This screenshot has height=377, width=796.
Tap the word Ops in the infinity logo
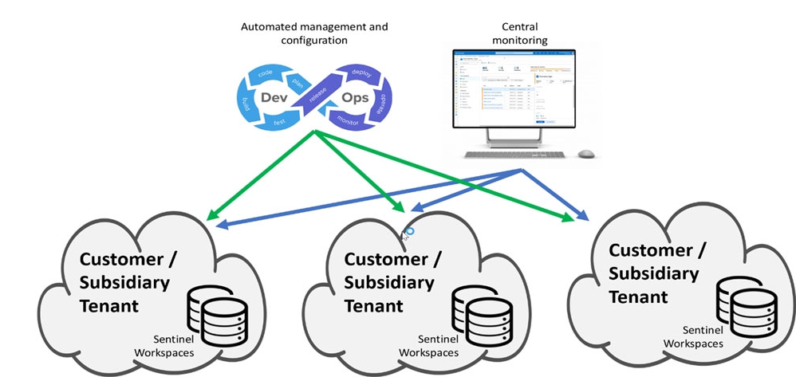[355, 97]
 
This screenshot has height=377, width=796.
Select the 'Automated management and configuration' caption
[314, 33]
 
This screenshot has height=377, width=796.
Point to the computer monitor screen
[514, 88]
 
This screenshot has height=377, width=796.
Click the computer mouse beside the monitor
[586, 153]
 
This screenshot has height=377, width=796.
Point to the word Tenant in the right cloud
[638, 296]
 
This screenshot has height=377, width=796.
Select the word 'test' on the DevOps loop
[280, 123]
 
